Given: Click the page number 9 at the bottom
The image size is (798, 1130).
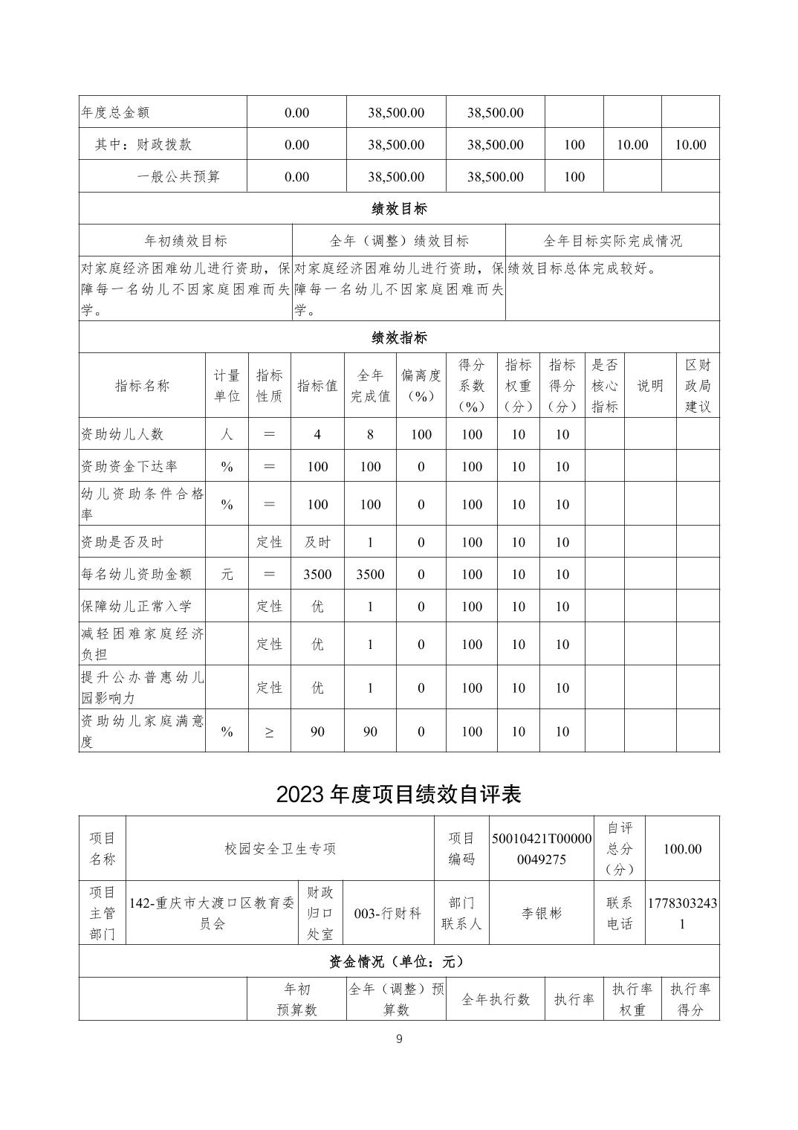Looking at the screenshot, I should click(399, 1039).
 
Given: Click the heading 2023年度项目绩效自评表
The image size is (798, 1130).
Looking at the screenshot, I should click(398, 794).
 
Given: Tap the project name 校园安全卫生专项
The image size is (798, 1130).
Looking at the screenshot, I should click(280, 848).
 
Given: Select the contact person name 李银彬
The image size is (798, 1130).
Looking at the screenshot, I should click(542, 913).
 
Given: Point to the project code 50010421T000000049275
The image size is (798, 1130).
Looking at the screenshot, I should click(542, 848).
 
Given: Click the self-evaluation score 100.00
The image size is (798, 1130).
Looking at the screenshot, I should click(682, 848).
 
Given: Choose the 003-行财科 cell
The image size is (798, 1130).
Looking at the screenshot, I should click(388, 913).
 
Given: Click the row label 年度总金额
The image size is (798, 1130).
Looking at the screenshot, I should click(116, 112).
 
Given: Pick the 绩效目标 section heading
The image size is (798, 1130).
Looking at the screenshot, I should click(399, 208).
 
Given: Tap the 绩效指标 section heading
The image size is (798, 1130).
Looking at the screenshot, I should click(399, 338).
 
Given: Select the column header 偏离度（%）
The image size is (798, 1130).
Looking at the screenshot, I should click(421, 386).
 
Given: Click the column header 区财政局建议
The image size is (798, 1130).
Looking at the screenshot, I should click(698, 386).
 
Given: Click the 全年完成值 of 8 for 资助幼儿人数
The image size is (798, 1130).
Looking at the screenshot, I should click(370, 434).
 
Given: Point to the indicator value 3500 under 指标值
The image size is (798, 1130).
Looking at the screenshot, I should click(317, 574).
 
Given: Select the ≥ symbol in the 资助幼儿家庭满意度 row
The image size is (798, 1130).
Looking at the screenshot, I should click(269, 732).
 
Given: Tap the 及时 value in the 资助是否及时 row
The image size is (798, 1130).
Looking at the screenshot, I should click(317, 542).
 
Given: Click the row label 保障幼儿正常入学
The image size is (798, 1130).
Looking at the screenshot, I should click(133, 606).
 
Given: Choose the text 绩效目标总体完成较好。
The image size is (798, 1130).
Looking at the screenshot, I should click(583, 268).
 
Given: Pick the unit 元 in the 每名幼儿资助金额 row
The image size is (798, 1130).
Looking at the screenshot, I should click(227, 574).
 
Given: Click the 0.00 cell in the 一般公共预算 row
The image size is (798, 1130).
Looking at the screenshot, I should click(296, 176).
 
